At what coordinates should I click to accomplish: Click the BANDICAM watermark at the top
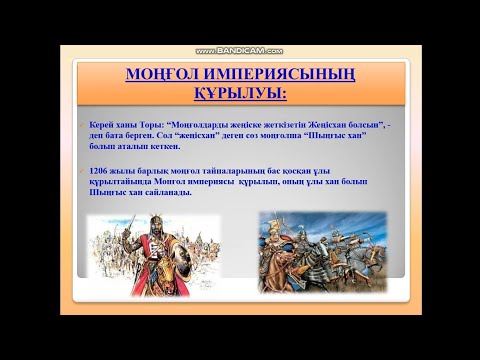click(x=239, y=50)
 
